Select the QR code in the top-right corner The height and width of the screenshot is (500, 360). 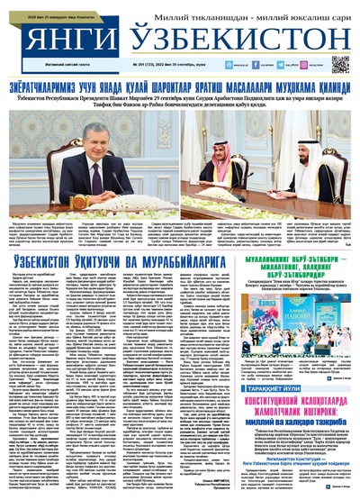click(339, 64)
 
